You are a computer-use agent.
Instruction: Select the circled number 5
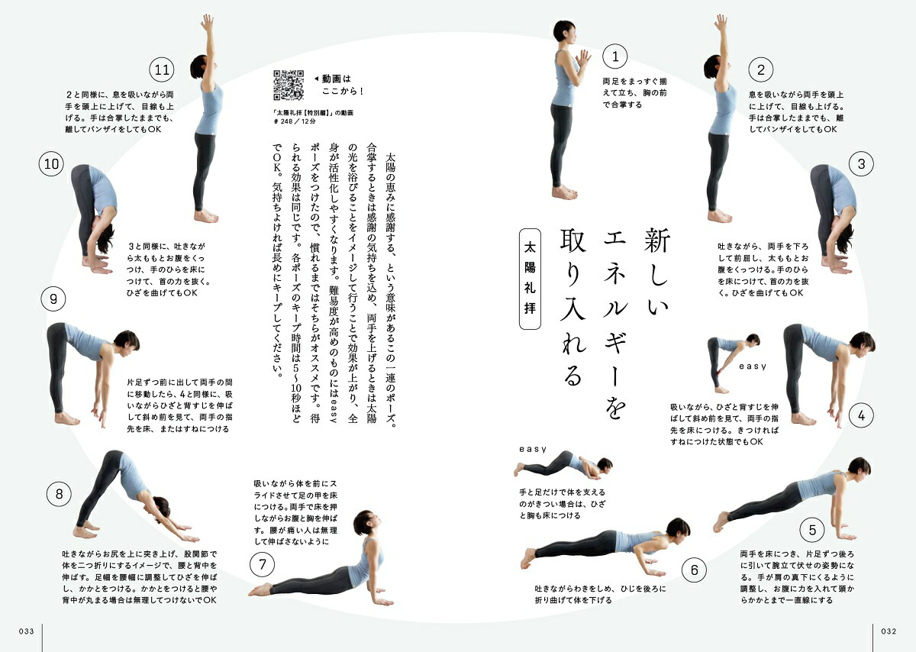click(812, 529)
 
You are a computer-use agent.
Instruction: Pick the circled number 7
click(262, 565)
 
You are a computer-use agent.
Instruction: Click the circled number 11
click(161, 70)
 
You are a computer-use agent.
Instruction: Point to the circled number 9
click(53, 299)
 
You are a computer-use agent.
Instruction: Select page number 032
click(888, 631)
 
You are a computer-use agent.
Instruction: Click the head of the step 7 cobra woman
click(363, 524)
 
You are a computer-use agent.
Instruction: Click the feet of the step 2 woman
click(719, 216)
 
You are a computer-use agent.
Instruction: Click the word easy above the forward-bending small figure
click(752, 366)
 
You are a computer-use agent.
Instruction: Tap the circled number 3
click(861, 163)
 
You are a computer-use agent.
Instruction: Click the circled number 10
click(52, 163)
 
